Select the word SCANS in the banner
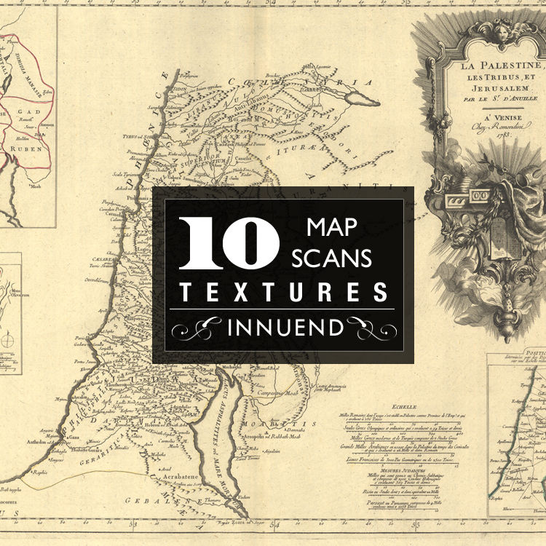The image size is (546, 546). [331, 257]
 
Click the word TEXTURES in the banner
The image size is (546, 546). [283, 293]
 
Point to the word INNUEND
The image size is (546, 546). [285, 328]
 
